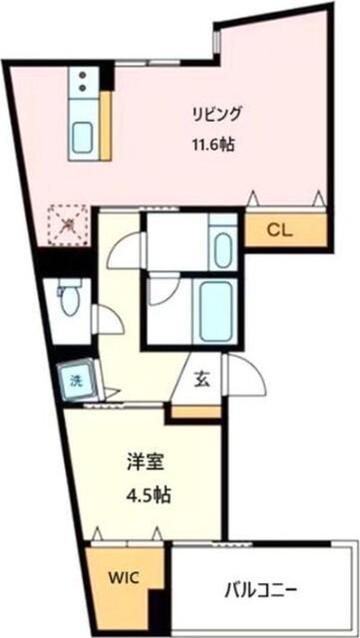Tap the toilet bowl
point(67,298)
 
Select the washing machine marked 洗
point(75,379)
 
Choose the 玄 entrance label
point(201,378)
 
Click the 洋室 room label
point(144,463)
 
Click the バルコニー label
point(263,588)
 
